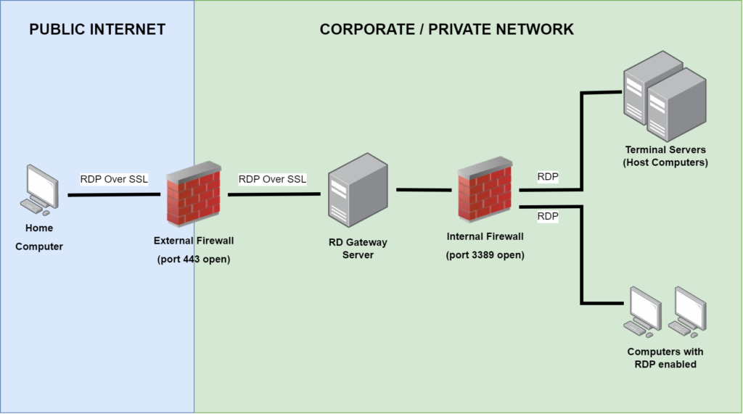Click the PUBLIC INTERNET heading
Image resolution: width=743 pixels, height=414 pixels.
coord(97,30)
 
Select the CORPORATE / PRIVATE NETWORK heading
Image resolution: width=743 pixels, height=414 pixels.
coord(446,30)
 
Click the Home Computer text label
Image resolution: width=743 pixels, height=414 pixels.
coord(39,237)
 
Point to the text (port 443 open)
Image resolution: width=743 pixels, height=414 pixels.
coord(194,259)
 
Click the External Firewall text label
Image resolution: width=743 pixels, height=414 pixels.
coord(194,241)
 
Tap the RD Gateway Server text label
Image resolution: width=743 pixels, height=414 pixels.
coord(358,249)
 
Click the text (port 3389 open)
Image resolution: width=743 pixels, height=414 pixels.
coord(485,254)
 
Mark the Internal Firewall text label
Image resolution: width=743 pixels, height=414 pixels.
coord(485,236)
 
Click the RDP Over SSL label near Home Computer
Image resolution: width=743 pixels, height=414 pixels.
coord(114,179)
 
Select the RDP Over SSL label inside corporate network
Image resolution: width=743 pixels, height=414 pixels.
coord(272,179)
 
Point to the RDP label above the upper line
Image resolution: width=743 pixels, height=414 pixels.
coord(548,176)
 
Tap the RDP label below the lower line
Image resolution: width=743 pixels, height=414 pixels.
coord(548,216)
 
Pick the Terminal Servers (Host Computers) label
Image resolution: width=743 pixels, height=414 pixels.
coord(665,156)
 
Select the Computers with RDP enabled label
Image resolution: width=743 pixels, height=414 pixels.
coord(665,357)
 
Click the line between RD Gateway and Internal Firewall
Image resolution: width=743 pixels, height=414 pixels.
coord(424,190)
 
